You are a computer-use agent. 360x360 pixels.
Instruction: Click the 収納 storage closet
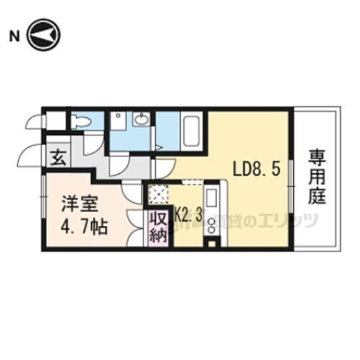157,228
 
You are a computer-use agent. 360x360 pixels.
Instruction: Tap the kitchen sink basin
212,197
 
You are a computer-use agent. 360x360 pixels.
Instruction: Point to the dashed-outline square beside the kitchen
157,194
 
